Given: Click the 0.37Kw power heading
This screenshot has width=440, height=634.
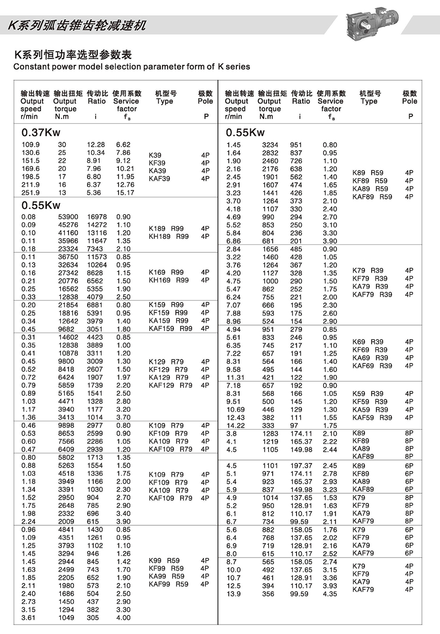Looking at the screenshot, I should point(41,133).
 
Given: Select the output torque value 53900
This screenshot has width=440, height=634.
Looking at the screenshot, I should point(68,217).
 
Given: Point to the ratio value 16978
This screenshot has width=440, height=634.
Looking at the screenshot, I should point(97,217).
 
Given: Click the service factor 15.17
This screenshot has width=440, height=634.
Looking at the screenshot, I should point(125,193).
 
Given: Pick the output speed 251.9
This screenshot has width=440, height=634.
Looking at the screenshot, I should point(30,193).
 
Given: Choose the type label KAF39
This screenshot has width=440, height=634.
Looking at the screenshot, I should point(159,179).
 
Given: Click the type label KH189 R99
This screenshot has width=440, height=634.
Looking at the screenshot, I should point(168,236).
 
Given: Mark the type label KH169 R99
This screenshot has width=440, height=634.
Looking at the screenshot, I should point(168,280).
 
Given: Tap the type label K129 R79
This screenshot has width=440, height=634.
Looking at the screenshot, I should point(166,362).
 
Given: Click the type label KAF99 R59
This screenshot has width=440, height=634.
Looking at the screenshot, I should point(168,584).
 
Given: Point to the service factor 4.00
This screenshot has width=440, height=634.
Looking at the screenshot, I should point(123,618).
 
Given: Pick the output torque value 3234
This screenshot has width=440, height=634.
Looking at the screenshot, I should point(270,145).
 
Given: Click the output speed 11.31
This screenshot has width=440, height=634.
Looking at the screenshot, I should point(235,377).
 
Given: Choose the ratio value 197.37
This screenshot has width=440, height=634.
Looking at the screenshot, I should point(301,466).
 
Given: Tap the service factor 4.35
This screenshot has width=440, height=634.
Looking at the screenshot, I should point(330,594).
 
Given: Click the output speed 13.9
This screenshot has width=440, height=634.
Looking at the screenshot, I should point(234,594).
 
